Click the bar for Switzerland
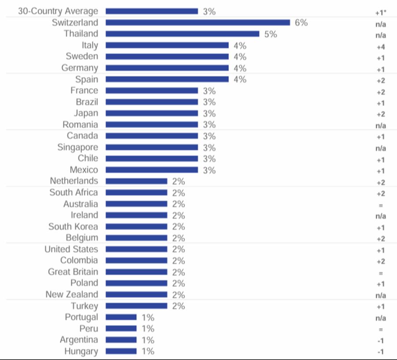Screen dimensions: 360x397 (x=198, y=22)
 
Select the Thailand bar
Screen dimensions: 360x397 (x=182, y=34)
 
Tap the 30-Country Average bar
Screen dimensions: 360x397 (x=152, y=11)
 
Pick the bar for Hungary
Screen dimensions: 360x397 (x=121, y=352)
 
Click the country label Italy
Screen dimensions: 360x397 (x=90, y=45)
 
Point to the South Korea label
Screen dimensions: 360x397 (x=73, y=227)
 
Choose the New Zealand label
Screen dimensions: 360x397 (x=72, y=295)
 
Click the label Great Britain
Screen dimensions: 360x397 (x=73, y=272)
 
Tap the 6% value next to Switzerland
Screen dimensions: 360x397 (x=301, y=22)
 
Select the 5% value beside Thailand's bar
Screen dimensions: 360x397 (x=270, y=34)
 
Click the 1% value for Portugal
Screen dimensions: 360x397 (x=148, y=317)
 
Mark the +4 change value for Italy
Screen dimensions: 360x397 (x=381, y=46)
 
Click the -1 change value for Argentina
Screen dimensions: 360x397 (x=381, y=341)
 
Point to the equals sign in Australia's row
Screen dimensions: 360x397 (x=381, y=205)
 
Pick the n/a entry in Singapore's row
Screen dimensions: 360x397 (x=381, y=148)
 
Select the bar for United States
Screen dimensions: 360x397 (x=136, y=249)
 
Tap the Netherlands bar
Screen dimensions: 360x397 (x=136, y=181)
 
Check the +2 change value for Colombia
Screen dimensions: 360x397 (x=381, y=261)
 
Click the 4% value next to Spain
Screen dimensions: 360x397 (x=240, y=79)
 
